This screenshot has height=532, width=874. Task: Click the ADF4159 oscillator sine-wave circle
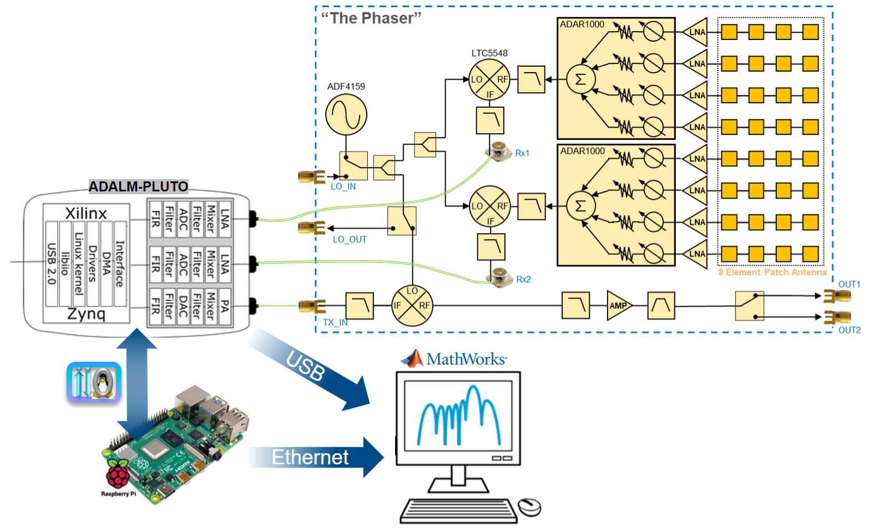[346, 115]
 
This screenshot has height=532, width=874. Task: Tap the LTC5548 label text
[489, 53]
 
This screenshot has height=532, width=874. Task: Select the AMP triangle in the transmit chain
[618, 306]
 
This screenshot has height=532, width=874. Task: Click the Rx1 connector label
[522, 153]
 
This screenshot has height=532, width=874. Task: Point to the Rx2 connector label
[523, 280]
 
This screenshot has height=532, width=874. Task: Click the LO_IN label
[343, 187]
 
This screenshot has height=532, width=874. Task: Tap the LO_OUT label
[350, 240]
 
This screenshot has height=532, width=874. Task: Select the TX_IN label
[335, 323]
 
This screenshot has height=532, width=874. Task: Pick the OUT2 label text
[849, 330]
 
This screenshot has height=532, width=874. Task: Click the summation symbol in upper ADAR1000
[580, 79]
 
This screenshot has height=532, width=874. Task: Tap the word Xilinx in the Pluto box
[86, 214]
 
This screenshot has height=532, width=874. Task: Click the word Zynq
[86, 314]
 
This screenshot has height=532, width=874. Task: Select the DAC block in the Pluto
[183, 306]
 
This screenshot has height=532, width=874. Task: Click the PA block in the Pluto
[225, 306]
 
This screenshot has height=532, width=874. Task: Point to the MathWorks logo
[453, 359]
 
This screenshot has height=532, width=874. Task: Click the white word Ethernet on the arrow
[310, 458]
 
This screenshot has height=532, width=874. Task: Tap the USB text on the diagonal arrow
[305, 366]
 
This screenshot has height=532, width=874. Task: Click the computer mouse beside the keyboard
[529, 507]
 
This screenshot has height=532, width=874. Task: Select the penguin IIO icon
[94, 382]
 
